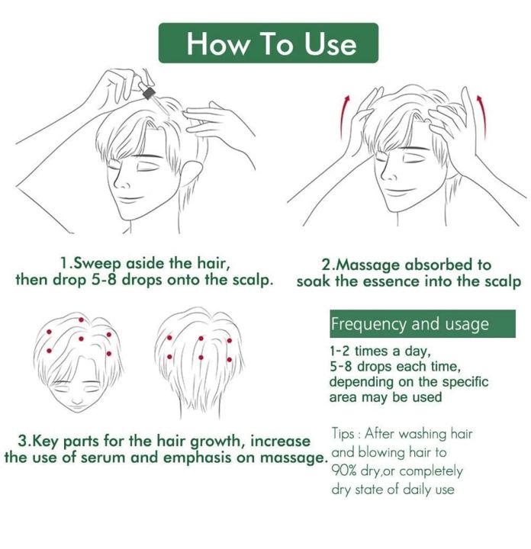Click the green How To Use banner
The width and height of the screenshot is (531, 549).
[268, 43]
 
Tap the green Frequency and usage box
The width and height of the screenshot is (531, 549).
[422, 324]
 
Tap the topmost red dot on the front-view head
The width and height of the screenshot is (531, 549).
[81, 319]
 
